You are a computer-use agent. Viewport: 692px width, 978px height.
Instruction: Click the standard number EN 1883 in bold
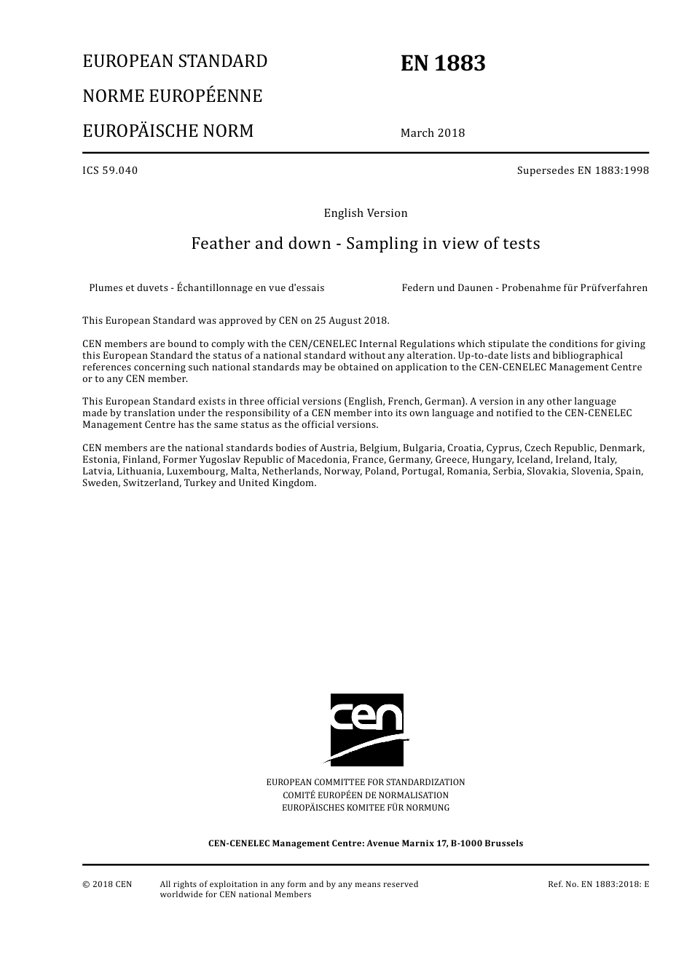coord(442,64)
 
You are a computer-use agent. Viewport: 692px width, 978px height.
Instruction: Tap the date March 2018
coord(432,132)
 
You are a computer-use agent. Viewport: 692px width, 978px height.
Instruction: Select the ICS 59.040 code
coord(110,170)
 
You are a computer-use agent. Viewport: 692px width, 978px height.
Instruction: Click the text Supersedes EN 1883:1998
coord(582,170)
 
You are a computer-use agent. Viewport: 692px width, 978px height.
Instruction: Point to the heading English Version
coord(366,213)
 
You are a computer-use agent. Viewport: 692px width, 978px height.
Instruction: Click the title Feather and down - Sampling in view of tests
coord(366,243)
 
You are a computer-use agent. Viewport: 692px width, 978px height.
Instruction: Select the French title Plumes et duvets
coord(207,287)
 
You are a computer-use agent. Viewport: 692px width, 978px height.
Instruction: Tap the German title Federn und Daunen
coord(524,287)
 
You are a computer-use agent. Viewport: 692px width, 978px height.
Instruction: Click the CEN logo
coord(366,729)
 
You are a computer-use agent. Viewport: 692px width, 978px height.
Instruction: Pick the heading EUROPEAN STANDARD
coord(175,61)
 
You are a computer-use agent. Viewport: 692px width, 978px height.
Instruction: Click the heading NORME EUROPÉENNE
coord(172,96)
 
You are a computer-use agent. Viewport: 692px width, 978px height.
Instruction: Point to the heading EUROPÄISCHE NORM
coord(168,131)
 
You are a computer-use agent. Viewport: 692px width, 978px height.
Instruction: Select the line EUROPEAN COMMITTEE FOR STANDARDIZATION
coord(366,782)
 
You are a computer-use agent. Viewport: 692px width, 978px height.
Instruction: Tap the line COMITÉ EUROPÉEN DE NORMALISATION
coord(366,795)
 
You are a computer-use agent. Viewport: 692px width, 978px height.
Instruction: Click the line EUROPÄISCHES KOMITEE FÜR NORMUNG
coord(366,808)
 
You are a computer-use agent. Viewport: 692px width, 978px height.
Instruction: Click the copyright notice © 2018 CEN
coord(107,884)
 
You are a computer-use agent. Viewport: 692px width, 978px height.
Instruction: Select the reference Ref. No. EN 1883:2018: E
coord(598,884)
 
